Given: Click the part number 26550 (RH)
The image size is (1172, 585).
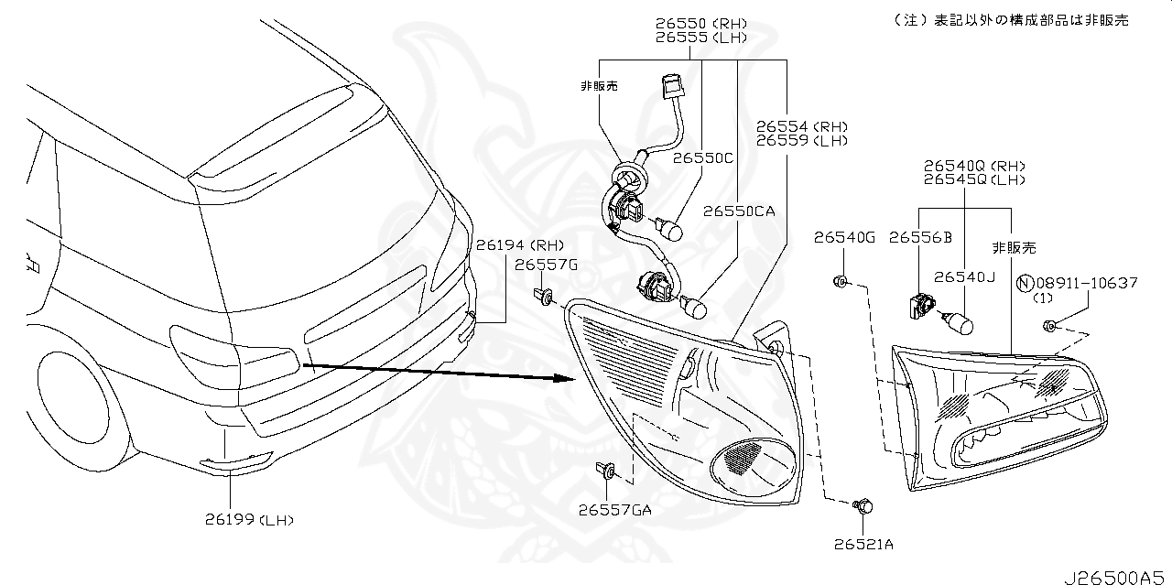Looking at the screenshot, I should (x=700, y=23).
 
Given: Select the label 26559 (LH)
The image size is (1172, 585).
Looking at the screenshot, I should (x=801, y=141).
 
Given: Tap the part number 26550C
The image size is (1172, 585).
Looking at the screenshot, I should (x=703, y=157).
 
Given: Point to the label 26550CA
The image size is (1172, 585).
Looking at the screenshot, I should (x=739, y=211).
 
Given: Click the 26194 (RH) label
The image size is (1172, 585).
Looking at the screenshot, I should (x=519, y=244).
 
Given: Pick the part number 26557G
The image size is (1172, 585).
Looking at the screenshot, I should (x=546, y=265).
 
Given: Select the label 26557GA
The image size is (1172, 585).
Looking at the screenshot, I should (x=614, y=510).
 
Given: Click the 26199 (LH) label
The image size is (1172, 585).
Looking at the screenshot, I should (x=249, y=520).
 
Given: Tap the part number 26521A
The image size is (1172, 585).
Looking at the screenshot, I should (x=863, y=544).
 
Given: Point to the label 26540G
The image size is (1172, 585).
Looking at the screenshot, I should (x=844, y=238).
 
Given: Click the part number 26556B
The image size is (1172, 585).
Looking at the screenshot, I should (x=920, y=238).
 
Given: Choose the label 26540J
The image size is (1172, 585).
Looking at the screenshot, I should (x=963, y=276).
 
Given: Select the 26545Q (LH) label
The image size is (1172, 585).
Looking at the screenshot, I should (x=973, y=180).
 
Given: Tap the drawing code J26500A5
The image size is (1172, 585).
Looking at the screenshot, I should (x=1116, y=578).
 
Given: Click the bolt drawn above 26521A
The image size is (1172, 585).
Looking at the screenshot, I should (x=862, y=505).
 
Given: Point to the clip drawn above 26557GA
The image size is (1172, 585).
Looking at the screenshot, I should (x=605, y=472).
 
